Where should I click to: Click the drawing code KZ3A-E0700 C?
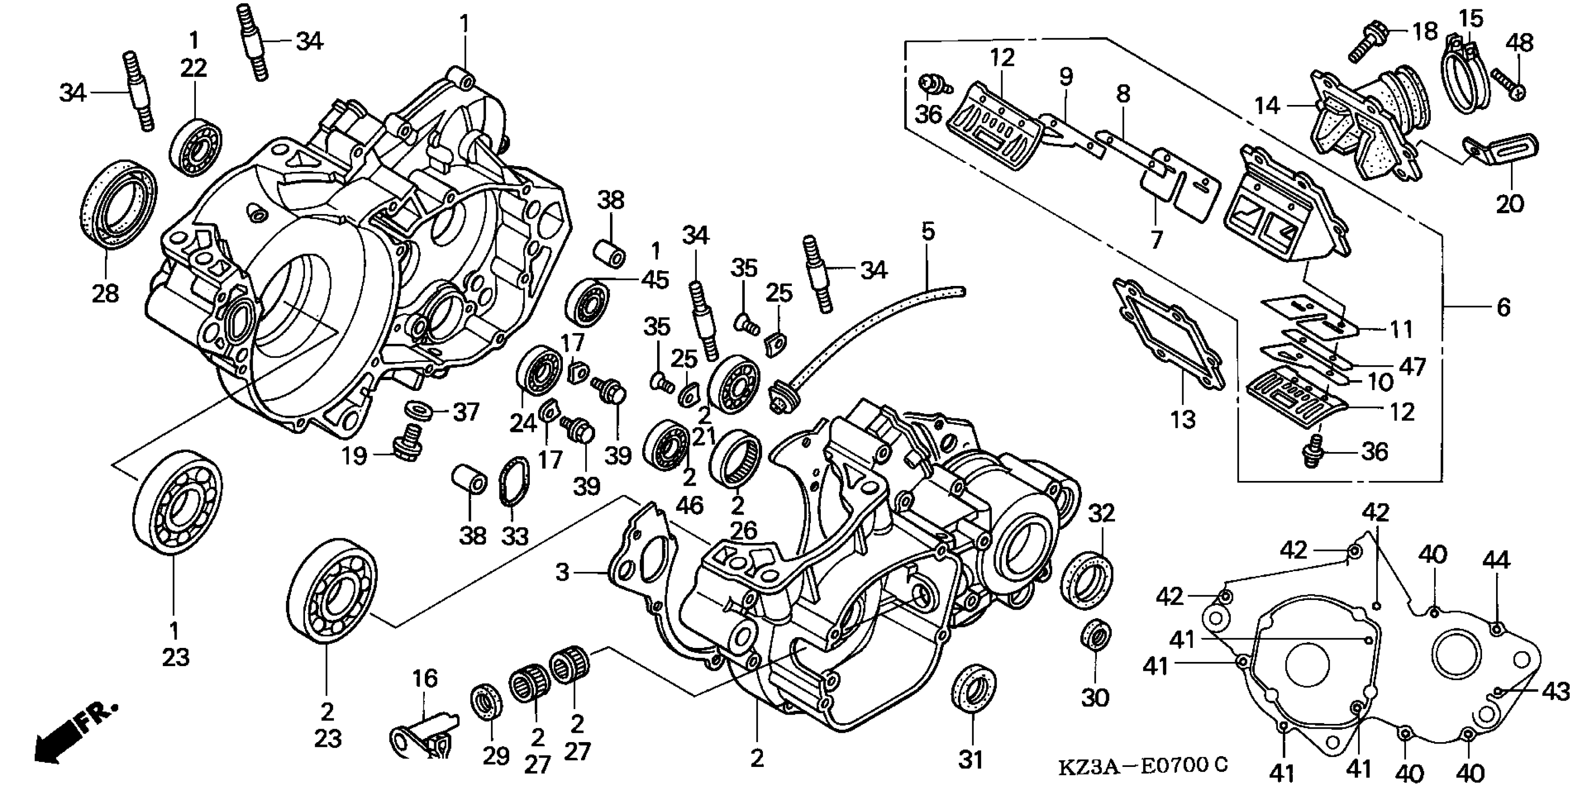(x=1143, y=766)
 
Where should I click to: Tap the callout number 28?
(x=105, y=294)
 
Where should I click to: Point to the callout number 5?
(x=928, y=232)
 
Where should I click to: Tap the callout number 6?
(x=1503, y=307)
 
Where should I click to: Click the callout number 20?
(x=1510, y=203)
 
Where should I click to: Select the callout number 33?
(x=515, y=536)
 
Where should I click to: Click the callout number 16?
(x=424, y=678)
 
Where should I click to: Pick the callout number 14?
(x=1268, y=106)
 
